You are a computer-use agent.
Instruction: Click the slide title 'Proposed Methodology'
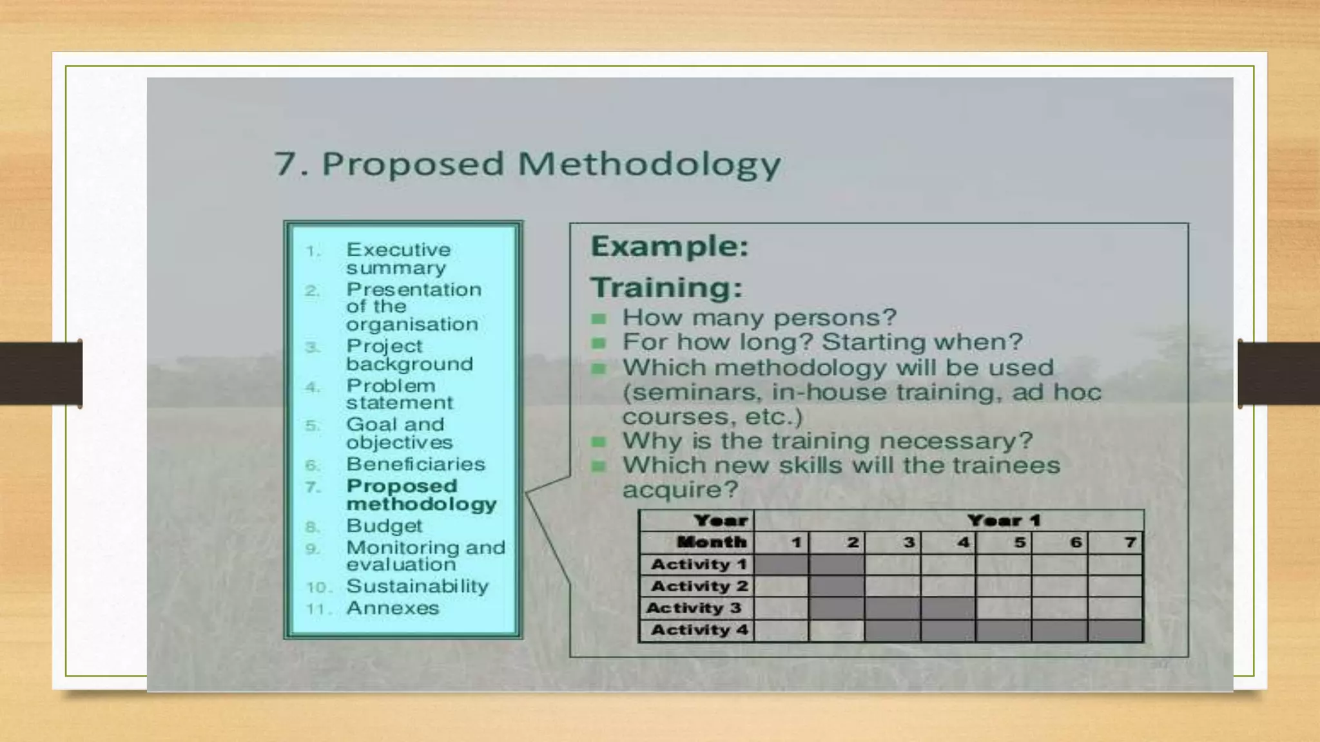[x=527, y=164]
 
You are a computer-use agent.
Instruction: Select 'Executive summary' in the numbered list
[x=398, y=258]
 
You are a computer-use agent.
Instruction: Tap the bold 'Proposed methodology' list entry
[x=421, y=495]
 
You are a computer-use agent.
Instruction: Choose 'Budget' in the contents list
[x=384, y=526]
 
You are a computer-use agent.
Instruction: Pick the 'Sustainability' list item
[x=417, y=586]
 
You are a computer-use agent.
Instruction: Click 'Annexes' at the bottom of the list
[x=393, y=608]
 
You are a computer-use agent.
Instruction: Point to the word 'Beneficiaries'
[x=415, y=464]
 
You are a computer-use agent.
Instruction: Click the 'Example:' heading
[x=670, y=246]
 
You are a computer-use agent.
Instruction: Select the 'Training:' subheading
[x=666, y=287]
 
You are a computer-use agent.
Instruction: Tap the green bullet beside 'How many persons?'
[x=599, y=319]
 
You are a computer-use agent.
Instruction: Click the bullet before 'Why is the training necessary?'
[x=599, y=442]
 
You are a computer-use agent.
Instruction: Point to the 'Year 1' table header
[x=1004, y=520]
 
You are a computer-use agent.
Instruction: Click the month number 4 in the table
[x=963, y=542]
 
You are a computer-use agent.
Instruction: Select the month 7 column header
[x=1130, y=542]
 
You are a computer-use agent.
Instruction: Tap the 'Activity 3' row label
[x=694, y=608]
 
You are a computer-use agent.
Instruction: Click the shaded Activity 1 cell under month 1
[x=781, y=565]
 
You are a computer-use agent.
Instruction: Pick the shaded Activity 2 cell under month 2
[x=837, y=586]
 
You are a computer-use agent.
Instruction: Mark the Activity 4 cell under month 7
[x=1116, y=630]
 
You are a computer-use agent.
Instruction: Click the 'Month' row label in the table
[x=711, y=542]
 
